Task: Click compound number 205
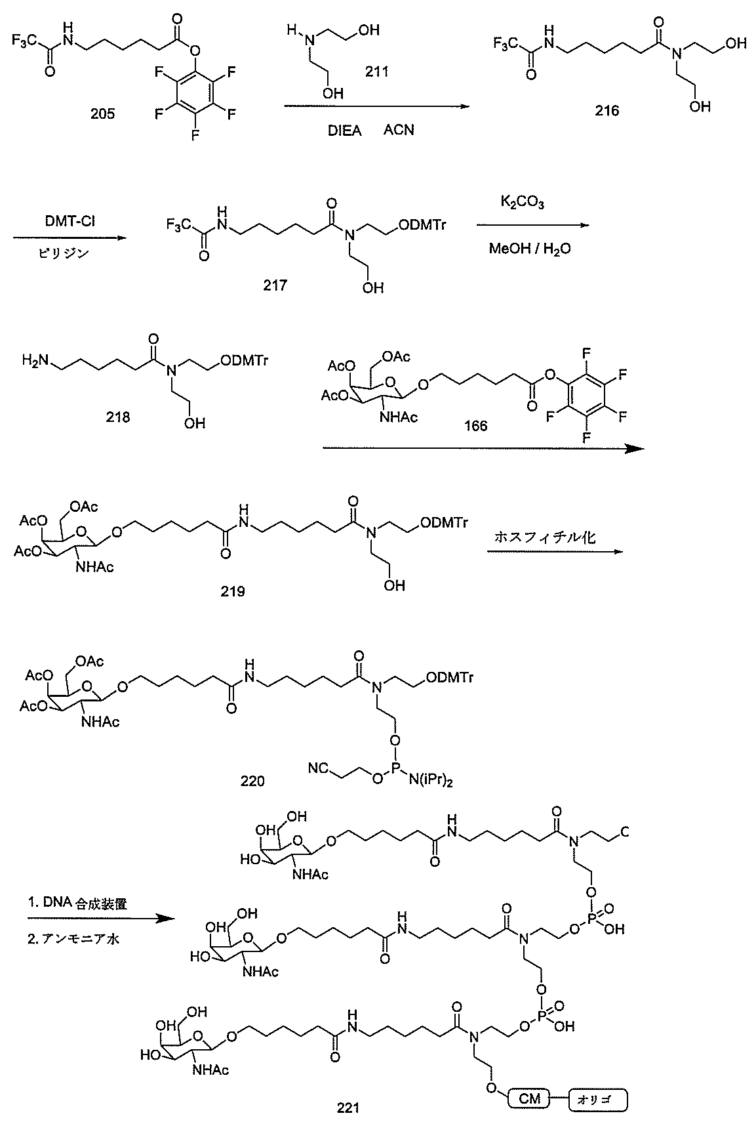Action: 102,114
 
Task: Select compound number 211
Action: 376,71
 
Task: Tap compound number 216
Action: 607,111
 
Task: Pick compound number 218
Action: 117,416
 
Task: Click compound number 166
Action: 475,426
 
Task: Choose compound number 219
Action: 233,591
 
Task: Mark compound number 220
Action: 252,780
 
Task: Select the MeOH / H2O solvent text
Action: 528,248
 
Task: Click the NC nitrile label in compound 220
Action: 318,766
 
